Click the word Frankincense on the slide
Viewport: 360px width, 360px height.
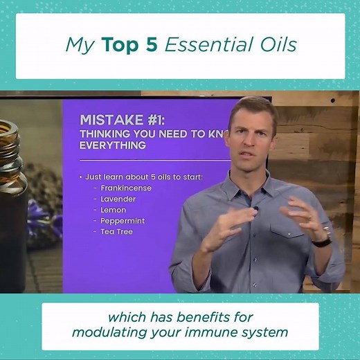click(x=125, y=188)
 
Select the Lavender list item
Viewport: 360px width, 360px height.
click(x=118, y=199)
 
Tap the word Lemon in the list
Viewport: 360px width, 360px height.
click(x=114, y=210)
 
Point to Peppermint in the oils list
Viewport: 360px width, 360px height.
click(x=122, y=221)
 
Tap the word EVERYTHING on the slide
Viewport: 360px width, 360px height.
click(x=112, y=145)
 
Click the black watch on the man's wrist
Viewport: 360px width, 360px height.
click(x=321, y=240)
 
